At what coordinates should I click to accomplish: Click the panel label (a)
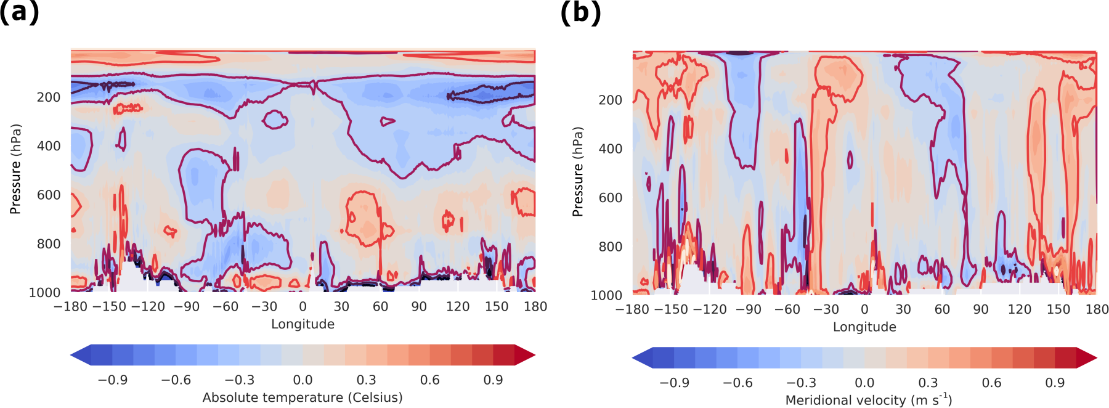click(x=19, y=12)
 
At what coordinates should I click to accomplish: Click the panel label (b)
click(x=580, y=12)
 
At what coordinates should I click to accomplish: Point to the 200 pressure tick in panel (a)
click(x=49, y=97)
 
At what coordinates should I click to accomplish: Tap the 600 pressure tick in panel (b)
click(x=611, y=198)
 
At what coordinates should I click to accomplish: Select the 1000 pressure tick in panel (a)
click(x=45, y=293)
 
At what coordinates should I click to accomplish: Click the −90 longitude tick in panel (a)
click(x=186, y=307)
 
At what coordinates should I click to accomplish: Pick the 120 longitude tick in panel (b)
click(x=1019, y=309)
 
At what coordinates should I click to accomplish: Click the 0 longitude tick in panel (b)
click(x=864, y=309)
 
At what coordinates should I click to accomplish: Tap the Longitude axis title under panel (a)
click(x=303, y=324)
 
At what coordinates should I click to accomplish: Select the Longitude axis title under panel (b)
click(x=864, y=327)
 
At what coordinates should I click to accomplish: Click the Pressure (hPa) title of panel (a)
click(x=16, y=169)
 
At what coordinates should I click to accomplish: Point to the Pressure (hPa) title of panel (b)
click(x=578, y=172)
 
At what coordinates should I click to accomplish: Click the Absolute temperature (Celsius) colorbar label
click(x=303, y=398)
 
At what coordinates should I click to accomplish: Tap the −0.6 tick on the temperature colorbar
click(x=176, y=380)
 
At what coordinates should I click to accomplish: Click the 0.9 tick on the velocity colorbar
click(x=1055, y=383)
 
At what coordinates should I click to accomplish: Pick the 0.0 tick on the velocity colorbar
click(x=864, y=383)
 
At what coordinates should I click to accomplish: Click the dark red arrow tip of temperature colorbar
click(x=525, y=355)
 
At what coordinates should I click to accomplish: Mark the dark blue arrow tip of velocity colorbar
click(x=642, y=357)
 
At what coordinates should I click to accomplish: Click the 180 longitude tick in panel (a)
click(x=535, y=307)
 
